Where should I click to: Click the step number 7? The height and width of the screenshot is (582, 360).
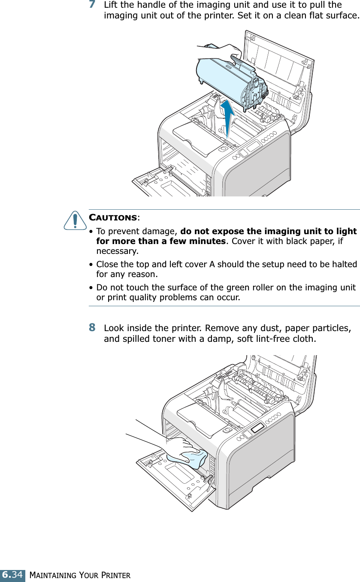pos(92,5)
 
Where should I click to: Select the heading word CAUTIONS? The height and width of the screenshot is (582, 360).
pos(113,218)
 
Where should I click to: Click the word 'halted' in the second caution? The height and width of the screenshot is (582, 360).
pos(344,264)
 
